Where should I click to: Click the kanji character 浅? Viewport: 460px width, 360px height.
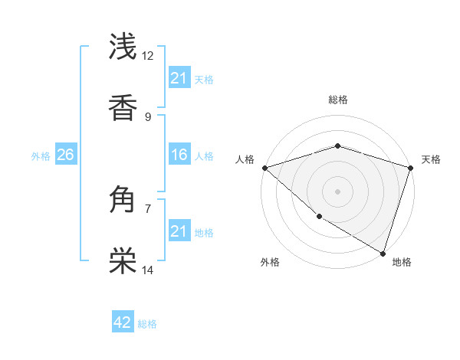pos(123,47)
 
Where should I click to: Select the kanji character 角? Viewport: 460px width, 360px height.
pos(123,201)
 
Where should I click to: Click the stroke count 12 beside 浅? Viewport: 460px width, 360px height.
pos(148,55)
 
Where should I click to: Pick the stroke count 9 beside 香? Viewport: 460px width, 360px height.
pos(148,116)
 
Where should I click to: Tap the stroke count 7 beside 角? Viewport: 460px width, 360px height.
pos(148,208)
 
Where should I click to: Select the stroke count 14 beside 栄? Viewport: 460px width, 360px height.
pos(148,270)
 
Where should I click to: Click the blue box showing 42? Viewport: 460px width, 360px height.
pos(123,323)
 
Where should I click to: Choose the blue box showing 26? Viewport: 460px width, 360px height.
pos(65,155)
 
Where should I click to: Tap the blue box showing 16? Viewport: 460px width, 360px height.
pos(179,155)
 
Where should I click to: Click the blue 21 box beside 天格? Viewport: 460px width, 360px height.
pos(179,78)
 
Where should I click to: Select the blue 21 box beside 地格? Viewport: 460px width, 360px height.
pos(179,231)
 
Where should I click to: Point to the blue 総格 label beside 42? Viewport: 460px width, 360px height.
pos(147,324)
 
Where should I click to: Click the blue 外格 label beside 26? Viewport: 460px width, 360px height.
pos(41,156)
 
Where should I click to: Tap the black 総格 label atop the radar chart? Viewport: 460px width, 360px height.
pos(337,100)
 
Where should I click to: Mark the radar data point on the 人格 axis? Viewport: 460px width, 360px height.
pos(264,168)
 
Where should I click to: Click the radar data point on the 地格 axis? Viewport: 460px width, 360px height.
pos(383,253)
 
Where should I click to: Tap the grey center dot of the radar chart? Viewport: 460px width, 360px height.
pos(337,191)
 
